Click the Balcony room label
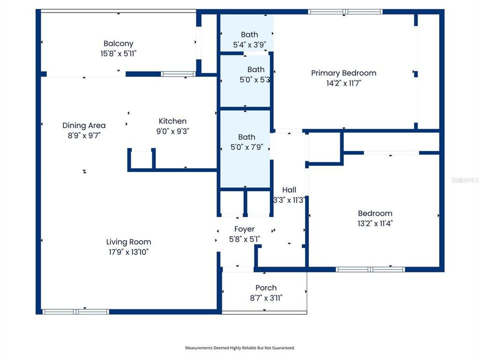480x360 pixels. click(118, 43)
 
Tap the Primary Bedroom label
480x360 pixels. click(343, 73)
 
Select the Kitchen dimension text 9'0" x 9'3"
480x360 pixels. click(172, 131)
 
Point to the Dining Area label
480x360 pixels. click(84, 125)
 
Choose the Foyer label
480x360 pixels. click(244, 229)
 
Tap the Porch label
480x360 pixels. click(265, 288)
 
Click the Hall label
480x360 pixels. click(289, 190)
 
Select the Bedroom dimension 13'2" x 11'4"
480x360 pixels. click(375, 223)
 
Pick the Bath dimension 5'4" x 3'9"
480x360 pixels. click(249, 44)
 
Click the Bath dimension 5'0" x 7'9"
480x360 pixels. click(246, 147)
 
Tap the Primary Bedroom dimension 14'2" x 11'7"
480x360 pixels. click(343, 83)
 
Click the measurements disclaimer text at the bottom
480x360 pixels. click(240, 347)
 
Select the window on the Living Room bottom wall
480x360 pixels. click(75, 311)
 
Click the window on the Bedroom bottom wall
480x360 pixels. click(370, 269)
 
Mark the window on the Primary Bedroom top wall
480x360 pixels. click(344, 11)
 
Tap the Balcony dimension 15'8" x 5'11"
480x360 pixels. click(118, 54)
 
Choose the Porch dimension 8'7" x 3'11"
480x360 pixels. click(265, 298)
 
